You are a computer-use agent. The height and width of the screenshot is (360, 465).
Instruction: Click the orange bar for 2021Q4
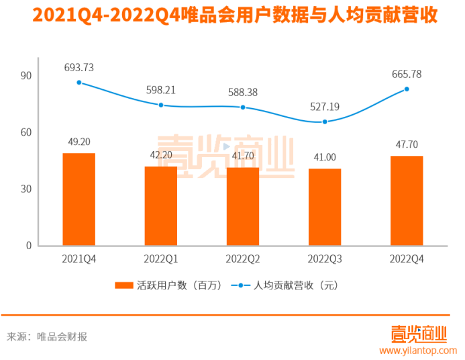tap(79, 199)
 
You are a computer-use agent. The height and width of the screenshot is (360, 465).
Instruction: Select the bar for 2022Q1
tap(161, 206)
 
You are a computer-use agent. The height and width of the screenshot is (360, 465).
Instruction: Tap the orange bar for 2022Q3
tap(325, 207)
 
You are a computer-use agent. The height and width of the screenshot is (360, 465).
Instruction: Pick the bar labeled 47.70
tap(407, 201)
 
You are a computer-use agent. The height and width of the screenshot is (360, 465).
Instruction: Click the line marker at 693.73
tap(79, 83)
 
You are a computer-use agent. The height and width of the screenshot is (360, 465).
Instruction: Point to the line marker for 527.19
tap(325, 122)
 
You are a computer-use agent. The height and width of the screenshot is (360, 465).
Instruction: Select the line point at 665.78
tap(407, 89)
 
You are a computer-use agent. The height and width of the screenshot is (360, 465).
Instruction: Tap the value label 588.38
tap(243, 93)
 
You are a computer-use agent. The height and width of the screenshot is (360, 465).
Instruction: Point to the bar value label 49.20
tap(79, 142)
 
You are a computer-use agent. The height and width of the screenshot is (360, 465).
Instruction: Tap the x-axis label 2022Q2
tap(243, 259)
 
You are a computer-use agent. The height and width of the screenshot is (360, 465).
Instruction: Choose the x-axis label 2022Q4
tap(407, 259)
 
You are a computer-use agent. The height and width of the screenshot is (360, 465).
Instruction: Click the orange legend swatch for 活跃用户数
tap(124, 285)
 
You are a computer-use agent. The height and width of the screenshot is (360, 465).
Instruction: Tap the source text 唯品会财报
tap(62, 336)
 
